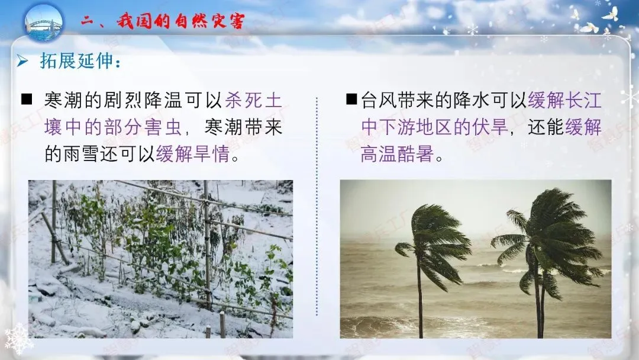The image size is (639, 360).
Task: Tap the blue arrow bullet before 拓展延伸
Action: [x=22, y=60]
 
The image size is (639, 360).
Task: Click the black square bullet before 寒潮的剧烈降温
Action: [x=27, y=99]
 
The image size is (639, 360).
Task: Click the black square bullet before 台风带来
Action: [x=351, y=99]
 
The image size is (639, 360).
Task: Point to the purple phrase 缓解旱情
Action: [x=192, y=155]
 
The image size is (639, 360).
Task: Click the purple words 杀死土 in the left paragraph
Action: [x=254, y=100]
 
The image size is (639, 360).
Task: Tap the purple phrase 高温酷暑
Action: [x=398, y=155]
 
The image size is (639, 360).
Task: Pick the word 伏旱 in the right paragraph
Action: [x=492, y=127]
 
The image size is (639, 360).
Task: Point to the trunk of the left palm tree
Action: [x=420, y=302]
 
